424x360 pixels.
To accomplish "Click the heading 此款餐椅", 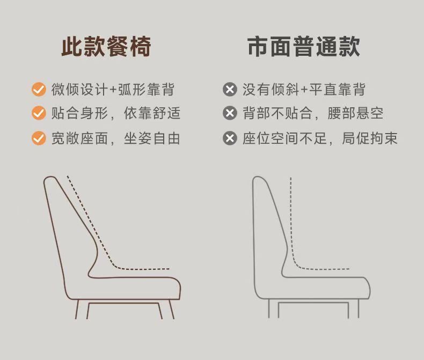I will pos(106,47).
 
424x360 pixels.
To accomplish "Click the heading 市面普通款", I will pos(304,47).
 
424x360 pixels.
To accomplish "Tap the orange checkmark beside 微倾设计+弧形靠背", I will pos(39,89).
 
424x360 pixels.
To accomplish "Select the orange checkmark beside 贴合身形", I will pos(39,113).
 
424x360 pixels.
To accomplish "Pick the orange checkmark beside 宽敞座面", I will pos(39,138).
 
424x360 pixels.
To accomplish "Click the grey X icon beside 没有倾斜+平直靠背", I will pos(230,89).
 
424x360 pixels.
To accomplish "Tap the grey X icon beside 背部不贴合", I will pos(230,113).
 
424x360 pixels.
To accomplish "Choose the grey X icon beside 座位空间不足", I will pos(230,138).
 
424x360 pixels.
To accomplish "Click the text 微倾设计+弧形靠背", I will pos(113,89).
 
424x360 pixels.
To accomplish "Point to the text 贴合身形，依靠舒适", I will pos(115,113).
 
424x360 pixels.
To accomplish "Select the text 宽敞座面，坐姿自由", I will pos(115,138).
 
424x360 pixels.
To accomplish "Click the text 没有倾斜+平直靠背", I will pos(304,89).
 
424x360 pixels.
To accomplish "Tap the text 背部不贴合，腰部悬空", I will pos(313,113).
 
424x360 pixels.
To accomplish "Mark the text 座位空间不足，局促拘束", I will pos(320,138).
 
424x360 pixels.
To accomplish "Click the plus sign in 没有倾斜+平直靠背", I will pos(304,90).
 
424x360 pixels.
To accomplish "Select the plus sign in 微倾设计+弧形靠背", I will pos(113,90).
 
